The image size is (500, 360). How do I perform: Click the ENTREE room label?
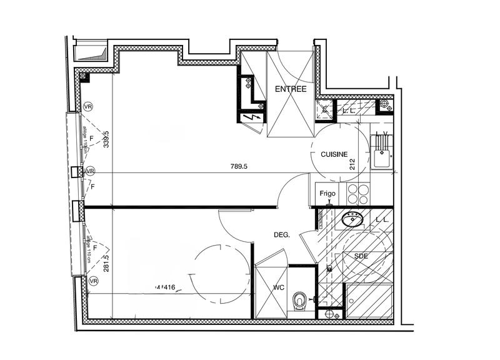click(x=291, y=89)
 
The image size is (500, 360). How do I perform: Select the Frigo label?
click(x=327, y=194)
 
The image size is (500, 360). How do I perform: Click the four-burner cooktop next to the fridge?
click(x=358, y=194)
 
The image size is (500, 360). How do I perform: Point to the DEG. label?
click(x=282, y=235)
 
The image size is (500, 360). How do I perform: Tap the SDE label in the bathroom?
click(x=361, y=257)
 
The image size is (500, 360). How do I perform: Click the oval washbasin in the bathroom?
click(x=354, y=219)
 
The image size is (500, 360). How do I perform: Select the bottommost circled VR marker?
click(x=93, y=282)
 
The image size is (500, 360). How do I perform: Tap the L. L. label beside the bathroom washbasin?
click(x=382, y=219)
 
